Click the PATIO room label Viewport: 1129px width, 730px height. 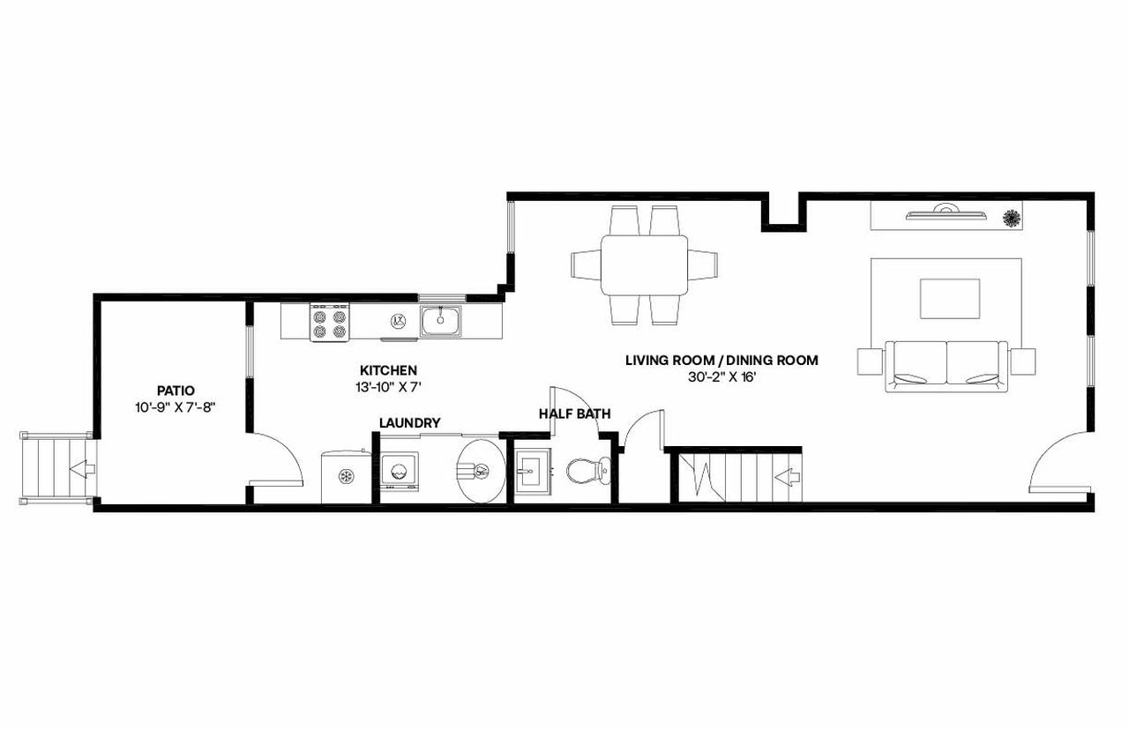pyautogui.click(x=175, y=390)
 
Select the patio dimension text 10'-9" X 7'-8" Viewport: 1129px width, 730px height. pyautogui.click(x=175, y=407)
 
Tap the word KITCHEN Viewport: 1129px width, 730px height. pyautogui.click(x=388, y=370)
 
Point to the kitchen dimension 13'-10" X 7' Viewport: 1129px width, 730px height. pyautogui.click(x=388, y=387)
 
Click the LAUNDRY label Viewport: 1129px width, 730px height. pyautogui.click(x=409, y=423)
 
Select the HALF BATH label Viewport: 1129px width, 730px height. pyautogui.click(x=574, y=413)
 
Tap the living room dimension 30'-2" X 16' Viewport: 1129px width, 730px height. pyautogui.click(x=722, y=376)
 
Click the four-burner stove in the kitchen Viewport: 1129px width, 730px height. pyautogui.click(x=329, y=324)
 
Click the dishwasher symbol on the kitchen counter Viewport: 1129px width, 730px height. pyautogui.click(x=398, y=321)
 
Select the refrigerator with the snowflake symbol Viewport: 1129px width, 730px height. pyautogui.click(x=345, y=477)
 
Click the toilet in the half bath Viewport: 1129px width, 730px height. pyautogui.click(x=587, y=471)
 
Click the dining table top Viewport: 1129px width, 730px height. pyautogui.click(x=645, y=265)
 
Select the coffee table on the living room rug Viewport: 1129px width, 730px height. pyautogui.click(x=949, y=298)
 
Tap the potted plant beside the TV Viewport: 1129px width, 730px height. pyautogui.click(x=1012, y=217)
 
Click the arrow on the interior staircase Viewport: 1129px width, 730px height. pyautogui.click(x=788, y=478)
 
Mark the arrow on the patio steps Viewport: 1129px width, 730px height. pyautogui.click(x=81, y=468)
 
